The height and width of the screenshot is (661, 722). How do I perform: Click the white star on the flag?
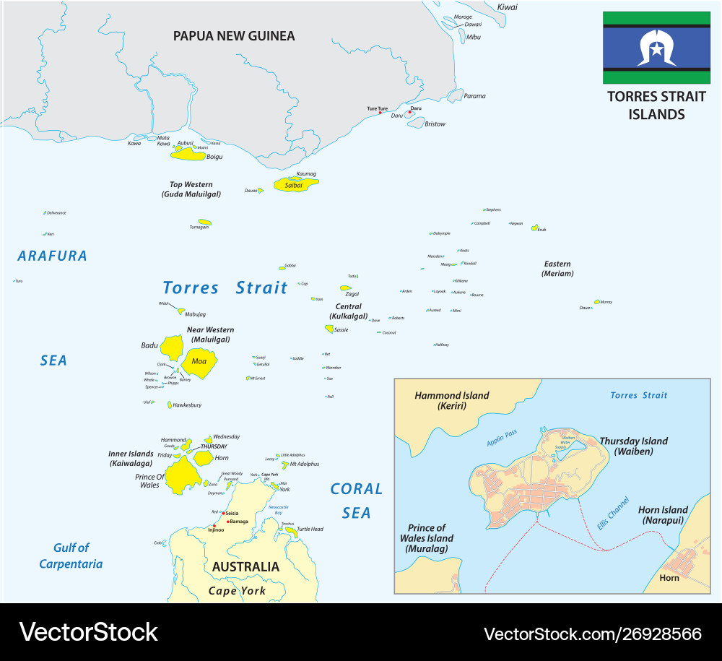tap(656, 48)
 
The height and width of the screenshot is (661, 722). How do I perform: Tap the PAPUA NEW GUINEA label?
tap(234, 35)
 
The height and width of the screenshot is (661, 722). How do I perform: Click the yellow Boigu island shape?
tap(188, 154)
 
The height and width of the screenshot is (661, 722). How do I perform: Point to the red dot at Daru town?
tap(409, 112)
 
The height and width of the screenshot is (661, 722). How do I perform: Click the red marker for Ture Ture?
tap(380, 113)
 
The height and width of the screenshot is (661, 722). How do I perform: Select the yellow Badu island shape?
tap(171, 347)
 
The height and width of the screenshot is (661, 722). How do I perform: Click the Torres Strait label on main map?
tap(225, 288)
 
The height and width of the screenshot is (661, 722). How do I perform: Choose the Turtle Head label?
tap(310, 530)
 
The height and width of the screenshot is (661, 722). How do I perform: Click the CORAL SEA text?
tap(357, 501)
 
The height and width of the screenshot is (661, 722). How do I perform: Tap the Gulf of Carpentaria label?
tap(71, 556)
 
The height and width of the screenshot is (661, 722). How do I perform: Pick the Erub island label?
tap(541, 230)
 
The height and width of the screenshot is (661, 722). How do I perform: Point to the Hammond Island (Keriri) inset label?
tap(451, 401)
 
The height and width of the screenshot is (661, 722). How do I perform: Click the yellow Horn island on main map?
tap(201, 458)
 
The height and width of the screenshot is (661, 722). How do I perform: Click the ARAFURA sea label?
tap(52, 256)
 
